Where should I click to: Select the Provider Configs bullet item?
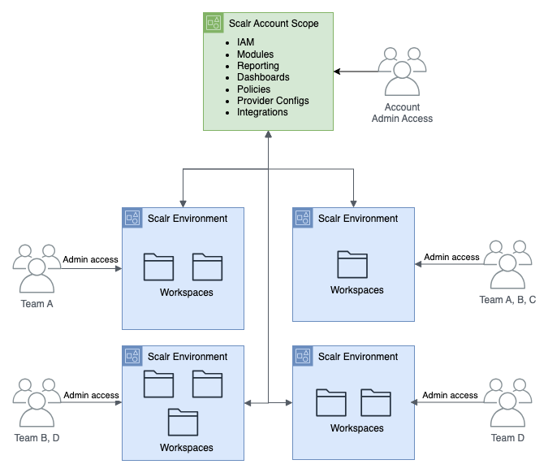coord(273,101)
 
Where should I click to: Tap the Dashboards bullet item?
coord(263,77)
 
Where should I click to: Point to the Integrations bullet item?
coord(262,112)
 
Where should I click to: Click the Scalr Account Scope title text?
coord(274,24)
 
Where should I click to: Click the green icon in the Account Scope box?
coord(214,24)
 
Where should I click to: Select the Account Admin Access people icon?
coord(402,72)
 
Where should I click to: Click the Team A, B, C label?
coord(507,300)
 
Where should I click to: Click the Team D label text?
coord(507,438)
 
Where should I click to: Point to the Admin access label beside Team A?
coord(91,260)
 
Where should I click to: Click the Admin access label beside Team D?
coord(451,395)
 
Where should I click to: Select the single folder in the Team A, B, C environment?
coord(352,265)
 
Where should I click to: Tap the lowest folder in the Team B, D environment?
coord(183,423)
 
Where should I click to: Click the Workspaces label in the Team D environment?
coord(356,428)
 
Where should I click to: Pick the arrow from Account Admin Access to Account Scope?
coord(357,72)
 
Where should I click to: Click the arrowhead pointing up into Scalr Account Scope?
coord(268,135)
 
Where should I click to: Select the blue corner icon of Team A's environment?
coord(132,218)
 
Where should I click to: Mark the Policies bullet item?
coord(253,89)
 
